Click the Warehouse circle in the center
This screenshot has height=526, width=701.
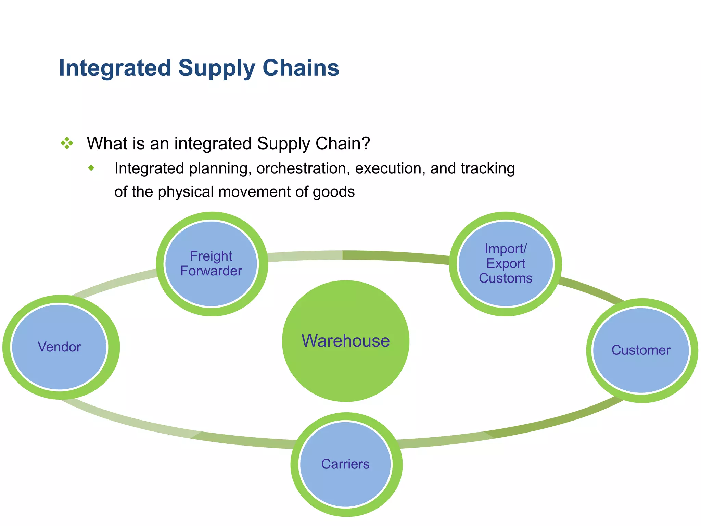click(346, 341)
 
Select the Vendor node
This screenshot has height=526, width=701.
click(59, 347)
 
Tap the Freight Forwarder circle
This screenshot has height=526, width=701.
click(211, 263)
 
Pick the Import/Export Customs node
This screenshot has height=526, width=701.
click(505, 263)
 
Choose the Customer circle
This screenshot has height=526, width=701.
click(641, 350)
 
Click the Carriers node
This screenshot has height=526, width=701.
click(345, 464)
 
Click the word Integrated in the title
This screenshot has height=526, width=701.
click(115, 68)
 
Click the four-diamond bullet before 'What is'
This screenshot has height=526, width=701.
click(67, 143)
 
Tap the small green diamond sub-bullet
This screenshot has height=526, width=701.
click(91, 168)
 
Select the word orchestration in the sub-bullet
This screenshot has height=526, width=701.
click(303, 168)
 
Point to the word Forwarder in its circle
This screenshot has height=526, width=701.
click(211, 271)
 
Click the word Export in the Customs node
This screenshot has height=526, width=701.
click(506, 263)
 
